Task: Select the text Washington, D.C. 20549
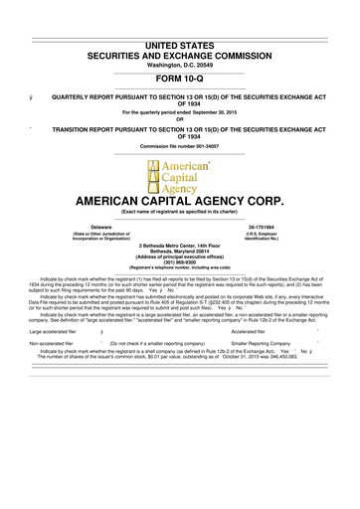point(179,36)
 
